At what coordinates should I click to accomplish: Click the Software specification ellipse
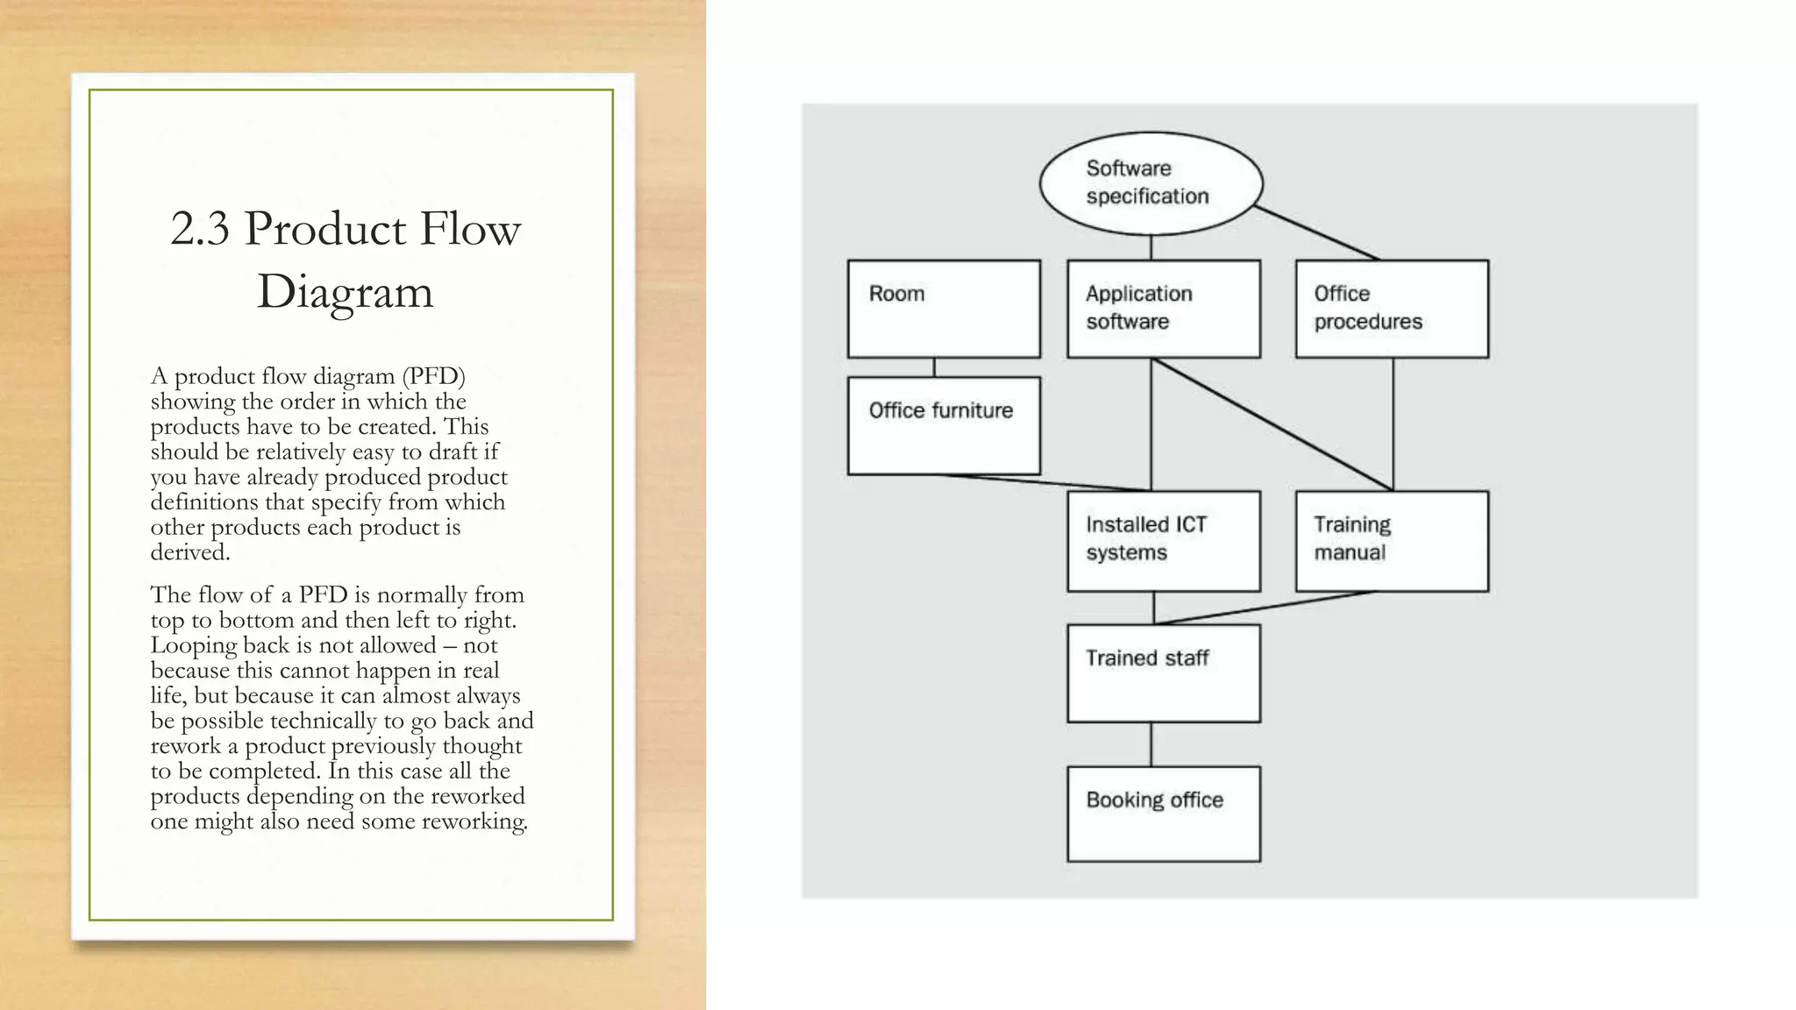[x=1151, y=183]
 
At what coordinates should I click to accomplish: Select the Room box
[x=944, y=309]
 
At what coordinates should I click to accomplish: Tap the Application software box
[x=1164, y=309]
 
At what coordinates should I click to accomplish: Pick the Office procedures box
[x=1392, y=309]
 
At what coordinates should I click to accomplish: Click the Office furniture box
[x=944, y=426]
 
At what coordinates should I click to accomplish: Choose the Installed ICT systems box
[x=1164, y=541]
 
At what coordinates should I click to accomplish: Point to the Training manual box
[x=1392, y=541]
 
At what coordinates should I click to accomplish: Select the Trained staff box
[x=1164, y=673]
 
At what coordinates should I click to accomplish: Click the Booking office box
[x=1164, y=814]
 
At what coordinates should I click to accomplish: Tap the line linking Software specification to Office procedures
[x=1315, y=233]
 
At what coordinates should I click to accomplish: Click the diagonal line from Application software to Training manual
[x=1272, y=424]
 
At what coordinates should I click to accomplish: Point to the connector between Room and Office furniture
[x=934, y=367]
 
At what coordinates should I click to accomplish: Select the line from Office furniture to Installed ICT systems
[x=1044, y=482]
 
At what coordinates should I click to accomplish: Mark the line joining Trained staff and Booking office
[x=1151, y=744]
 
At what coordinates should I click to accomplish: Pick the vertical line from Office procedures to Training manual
[x=1393, y=424]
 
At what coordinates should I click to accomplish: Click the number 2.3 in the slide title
[x=200, y=229]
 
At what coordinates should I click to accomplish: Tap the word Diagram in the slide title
[x=345, y=292]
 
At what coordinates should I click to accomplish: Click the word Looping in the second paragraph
[x=193, y=646]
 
